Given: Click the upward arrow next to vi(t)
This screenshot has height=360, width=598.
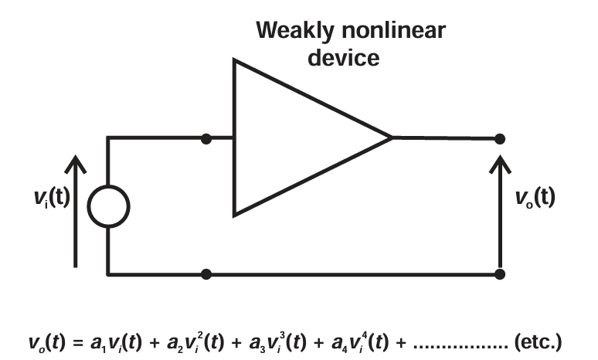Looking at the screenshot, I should click(75, 209).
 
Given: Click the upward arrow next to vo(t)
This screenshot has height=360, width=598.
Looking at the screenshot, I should click(500, 209).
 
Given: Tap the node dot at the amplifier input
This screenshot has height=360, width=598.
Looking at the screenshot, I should click(206, 138).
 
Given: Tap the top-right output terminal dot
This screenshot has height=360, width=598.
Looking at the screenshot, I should click(500, 138).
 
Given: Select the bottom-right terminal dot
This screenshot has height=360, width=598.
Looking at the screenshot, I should click(500, 273).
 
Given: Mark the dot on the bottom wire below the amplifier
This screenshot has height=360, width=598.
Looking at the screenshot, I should click(206, 273).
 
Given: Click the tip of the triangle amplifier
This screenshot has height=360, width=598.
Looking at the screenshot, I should click(391, 138).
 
